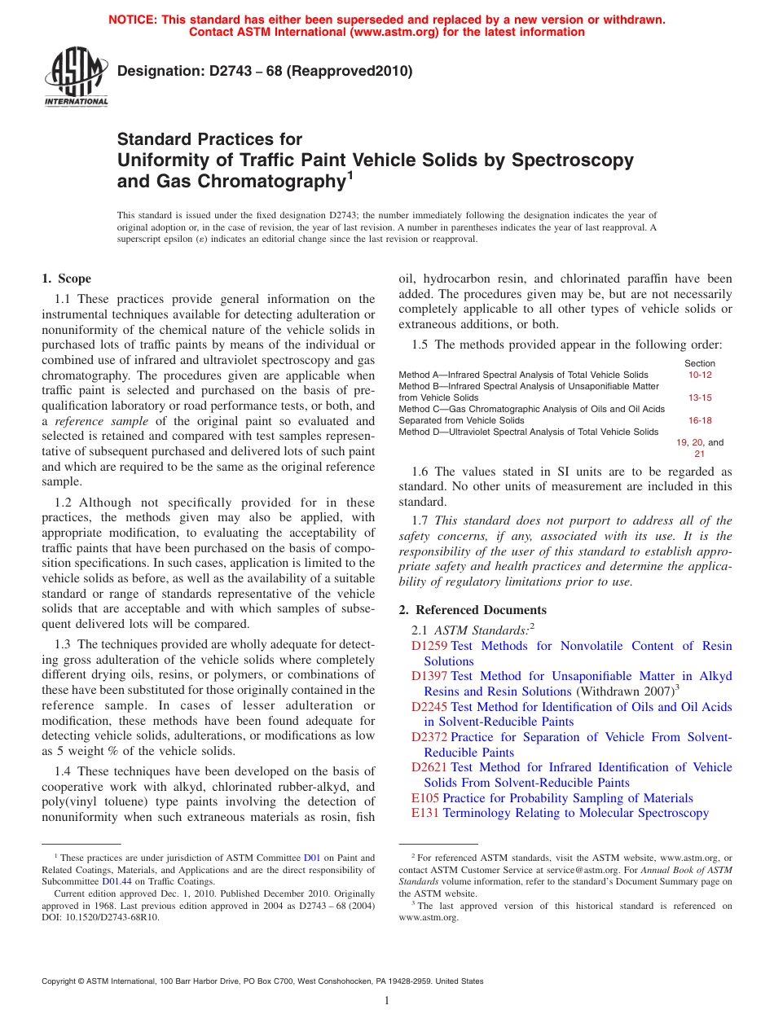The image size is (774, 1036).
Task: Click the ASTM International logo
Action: [76, 78]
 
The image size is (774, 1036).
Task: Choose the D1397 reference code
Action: [429, 676]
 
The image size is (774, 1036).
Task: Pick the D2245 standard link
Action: [429, 707]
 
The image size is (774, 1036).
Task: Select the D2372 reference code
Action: [429, 737]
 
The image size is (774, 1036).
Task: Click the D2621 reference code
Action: [429, 767]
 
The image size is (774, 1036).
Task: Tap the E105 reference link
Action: [425, 798]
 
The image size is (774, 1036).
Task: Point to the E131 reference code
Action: [425, 813]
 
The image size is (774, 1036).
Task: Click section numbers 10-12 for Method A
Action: [700, 375]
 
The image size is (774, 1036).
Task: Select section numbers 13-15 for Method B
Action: [700, 397]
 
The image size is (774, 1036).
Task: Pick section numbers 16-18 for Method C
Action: [700, 420]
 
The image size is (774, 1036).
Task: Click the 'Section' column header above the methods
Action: [700, 363]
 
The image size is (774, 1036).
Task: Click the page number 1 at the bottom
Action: [387, 1001]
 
